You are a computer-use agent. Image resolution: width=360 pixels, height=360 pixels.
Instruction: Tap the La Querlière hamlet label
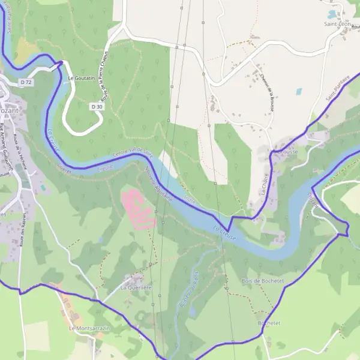(x=136, y=287)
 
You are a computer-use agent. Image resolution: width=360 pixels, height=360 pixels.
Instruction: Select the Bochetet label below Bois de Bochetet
(x=269, y=323)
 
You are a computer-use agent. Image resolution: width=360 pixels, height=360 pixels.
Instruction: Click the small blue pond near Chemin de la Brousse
(x=299, y=92)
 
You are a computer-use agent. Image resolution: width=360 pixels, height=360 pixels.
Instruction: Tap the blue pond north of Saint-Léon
(x=331, y=13)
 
